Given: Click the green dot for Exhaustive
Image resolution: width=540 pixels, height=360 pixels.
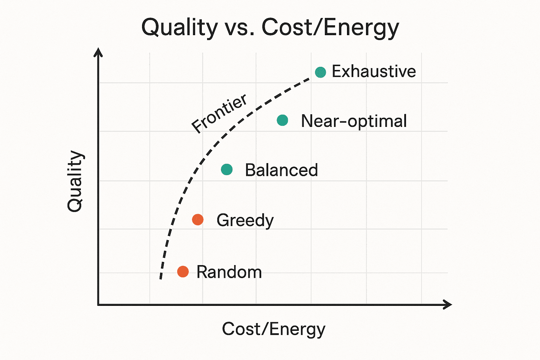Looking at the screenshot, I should pyautogui.click(x=320, y=72).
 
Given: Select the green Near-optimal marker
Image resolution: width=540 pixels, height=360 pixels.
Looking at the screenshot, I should pyautogui.click(x=282, y=120).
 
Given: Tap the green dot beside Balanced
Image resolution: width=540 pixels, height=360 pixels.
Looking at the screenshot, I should pyautogui.click(x=227, y=169).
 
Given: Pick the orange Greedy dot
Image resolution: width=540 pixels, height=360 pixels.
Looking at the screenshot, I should pyautogui.click(x=198, y=220).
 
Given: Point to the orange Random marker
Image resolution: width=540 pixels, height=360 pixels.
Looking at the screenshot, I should pyautogui.click(x=183, y=271).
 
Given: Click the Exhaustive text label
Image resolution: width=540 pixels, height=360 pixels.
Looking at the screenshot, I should pyautogui.click(x=374, y=72).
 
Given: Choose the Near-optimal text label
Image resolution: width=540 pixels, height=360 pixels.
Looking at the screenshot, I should pyautogui.click(x=354, y=121).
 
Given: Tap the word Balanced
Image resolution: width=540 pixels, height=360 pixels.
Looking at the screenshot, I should pyautogui.click(x=281, y=170).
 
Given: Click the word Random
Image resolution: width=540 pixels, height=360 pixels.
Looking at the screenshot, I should pyautogui.click(x=229, y=272).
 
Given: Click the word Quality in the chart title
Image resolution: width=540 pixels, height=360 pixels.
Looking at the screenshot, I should pyautogui.click(x=180, y=27).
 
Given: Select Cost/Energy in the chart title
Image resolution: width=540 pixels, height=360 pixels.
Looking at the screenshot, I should pyautogui.click(x=330, y=27).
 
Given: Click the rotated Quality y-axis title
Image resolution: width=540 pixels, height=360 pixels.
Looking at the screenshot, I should pyautogui.click(x=75, y=181).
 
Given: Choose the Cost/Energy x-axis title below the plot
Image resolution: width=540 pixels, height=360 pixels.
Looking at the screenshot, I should pyautogui.click(x=274, y=329).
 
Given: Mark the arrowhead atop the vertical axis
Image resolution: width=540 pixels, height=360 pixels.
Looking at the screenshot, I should pyautogui.click(x=98, y=52).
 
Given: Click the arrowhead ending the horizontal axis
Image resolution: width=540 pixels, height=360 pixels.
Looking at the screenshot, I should pyautogui.click(x=448, y=304).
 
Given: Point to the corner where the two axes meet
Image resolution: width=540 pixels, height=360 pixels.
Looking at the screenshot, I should pyautogui.click(x=98, y=304).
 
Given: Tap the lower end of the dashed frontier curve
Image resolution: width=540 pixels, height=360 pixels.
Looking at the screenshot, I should pyautogui.click(x=161, y=278).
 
